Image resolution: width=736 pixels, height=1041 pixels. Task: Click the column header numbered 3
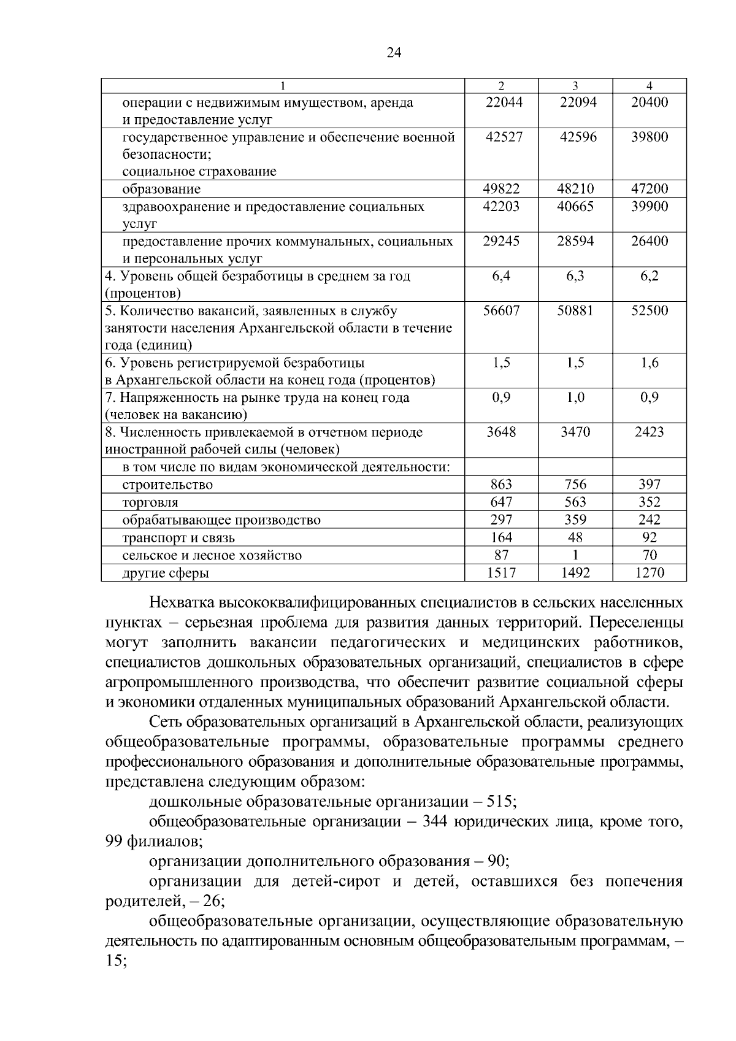(x=575, y=86)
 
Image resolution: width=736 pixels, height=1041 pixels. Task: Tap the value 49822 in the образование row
(x=501, y=189)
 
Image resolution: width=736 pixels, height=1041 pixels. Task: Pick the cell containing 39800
(x=650, y=137)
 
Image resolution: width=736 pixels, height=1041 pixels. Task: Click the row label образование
(x=161, y=189)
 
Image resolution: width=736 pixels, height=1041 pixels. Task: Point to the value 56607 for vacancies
(x=501, y=310)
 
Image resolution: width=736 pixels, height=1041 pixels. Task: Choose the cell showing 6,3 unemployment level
(x=575, y=276)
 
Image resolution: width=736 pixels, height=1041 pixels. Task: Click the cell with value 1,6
(x=650, y=363)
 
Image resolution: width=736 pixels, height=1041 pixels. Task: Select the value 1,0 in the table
(x=575, y=398)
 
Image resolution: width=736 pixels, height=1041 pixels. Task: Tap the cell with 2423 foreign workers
(x=650, y=432)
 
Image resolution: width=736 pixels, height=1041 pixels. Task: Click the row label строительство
(x=167, y=485)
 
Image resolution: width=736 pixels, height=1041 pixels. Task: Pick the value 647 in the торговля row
(x=501, y=502)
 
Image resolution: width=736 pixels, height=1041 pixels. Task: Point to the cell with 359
(x=575, y=520)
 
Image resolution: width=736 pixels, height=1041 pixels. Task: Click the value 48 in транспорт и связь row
(x=575, y=537)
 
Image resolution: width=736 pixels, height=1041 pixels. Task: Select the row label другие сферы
(x=166, y=573)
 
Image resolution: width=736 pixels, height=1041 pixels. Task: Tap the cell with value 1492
(x=575, y=573)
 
